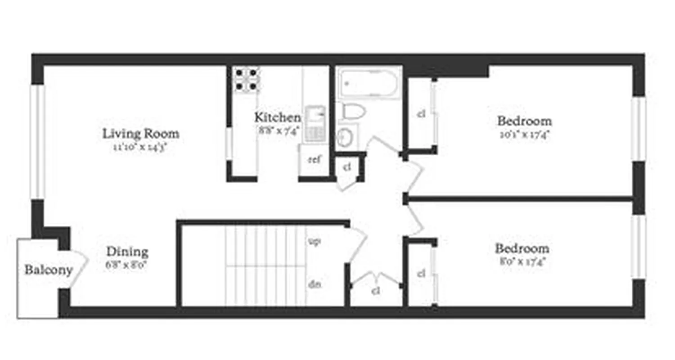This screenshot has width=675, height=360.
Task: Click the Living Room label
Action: (x=141, y=134)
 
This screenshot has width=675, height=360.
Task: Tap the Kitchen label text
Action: (x=278, y=118)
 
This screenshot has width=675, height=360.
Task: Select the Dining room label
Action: (x=127, y=252)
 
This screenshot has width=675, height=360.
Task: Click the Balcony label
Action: (x=48, y=270)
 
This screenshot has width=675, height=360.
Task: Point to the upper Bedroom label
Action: (x=524, y=121)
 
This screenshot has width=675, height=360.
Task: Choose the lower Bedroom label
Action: (x=522, y=248)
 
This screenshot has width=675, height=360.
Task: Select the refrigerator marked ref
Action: (x=314, y=159)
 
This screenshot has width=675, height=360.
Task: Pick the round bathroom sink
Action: (x=345, y=137)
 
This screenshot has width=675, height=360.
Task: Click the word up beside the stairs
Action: (x=314, y=241)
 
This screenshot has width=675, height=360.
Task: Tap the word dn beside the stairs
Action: (x=314, y=284)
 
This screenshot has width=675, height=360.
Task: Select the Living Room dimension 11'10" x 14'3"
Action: (x=141, y=146)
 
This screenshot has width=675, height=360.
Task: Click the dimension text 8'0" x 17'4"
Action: (x=522, y=261)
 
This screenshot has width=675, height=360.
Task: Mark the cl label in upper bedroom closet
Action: (x=421, y=114)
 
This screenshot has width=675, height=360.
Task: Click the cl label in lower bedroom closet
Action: (x=421, y=273)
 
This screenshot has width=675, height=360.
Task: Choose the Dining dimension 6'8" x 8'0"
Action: (x=127, y=264)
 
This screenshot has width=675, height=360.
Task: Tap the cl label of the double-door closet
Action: (x=376, y=291)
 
